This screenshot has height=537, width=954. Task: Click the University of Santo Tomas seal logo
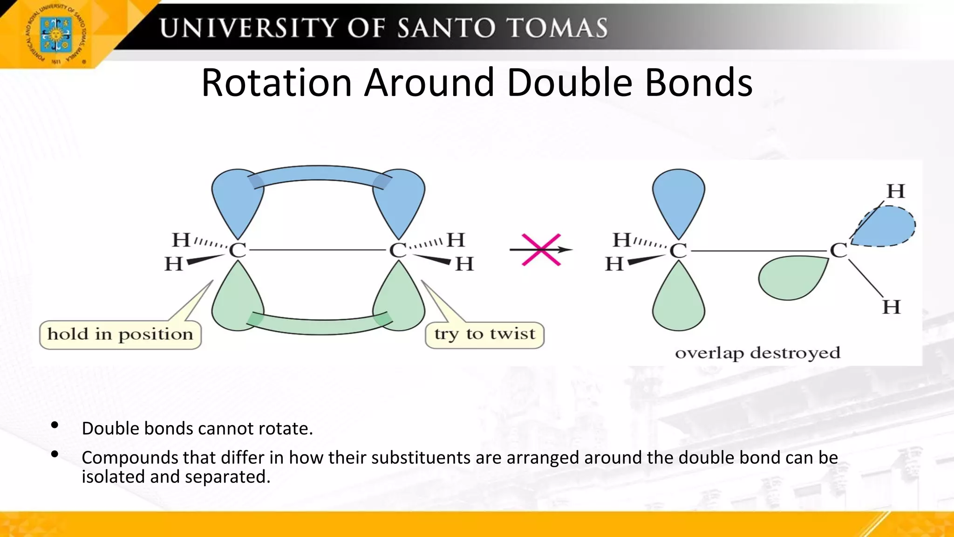(x=56, y=34)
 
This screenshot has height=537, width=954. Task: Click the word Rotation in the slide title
(x=276, y=83)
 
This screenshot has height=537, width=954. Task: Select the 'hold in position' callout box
(x=120, y=334)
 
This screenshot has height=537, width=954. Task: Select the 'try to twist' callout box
(x=484, y=334)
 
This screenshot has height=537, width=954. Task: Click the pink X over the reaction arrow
(x=541, y=250)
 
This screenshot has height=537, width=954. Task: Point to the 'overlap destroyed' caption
(x=757, y=353)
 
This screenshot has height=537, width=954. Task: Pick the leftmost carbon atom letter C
(x=237, y=251)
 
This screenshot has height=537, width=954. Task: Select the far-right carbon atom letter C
(x=838, y=251)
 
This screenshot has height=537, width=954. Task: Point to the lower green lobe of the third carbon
(x=678, y=301)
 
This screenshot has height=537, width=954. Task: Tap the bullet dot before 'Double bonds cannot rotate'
(x=55, y=425)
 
